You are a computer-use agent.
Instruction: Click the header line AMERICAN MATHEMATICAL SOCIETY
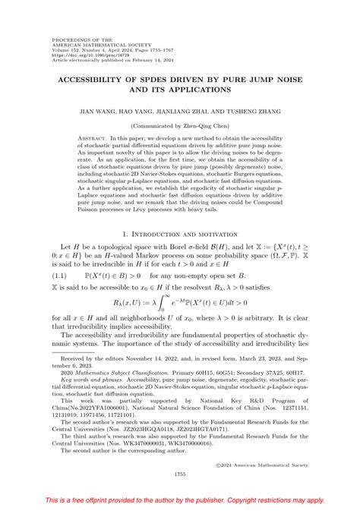(90, 43)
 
